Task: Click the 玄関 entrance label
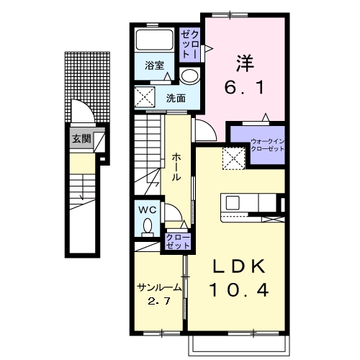click(x=81, y=138)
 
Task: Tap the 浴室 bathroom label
click(x=154, y=66)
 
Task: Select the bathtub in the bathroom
click(x=154, y=40)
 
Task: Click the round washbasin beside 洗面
click(x=190, y=76)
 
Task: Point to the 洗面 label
click(x=176, y=99)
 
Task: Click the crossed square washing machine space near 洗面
click(x=145, y=97)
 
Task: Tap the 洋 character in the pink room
click(x=245, y=63)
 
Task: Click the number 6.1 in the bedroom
click(x=244, y=87)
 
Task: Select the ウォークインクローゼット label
click(x=267, y=145)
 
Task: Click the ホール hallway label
click(x=176, y=167)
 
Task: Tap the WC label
click(x=148, y=210)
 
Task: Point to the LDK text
click(x=239, y=266)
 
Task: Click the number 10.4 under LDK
click(x=239, y=289)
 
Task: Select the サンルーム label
click(x=159, y=287)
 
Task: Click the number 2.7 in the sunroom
click(x=159, y=301)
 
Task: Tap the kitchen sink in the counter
click(x=233, y=203)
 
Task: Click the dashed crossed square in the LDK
click(x=233, y=158)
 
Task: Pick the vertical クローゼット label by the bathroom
click(x=189, y=45)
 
